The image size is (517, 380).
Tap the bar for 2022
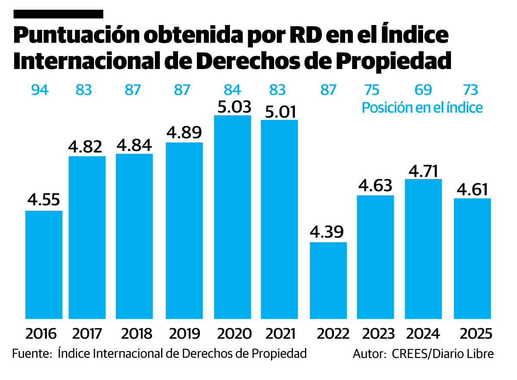[x=328, y=280]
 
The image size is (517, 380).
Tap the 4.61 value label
[x=473, y=189]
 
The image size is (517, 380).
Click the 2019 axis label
[x=184, y=333]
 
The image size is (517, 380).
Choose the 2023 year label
[x=378, y=333]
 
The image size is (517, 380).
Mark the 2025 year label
[x=476, y=333]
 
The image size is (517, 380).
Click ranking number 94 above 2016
[x=40, y=90]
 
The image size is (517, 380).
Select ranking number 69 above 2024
[x=423, y=90]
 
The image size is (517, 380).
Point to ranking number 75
[x=371, y=90]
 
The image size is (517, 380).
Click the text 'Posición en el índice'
[x=422, y=107]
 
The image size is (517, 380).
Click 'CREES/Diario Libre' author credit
[x=443, y=354]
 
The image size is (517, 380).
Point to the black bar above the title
[x=59, y=14]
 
